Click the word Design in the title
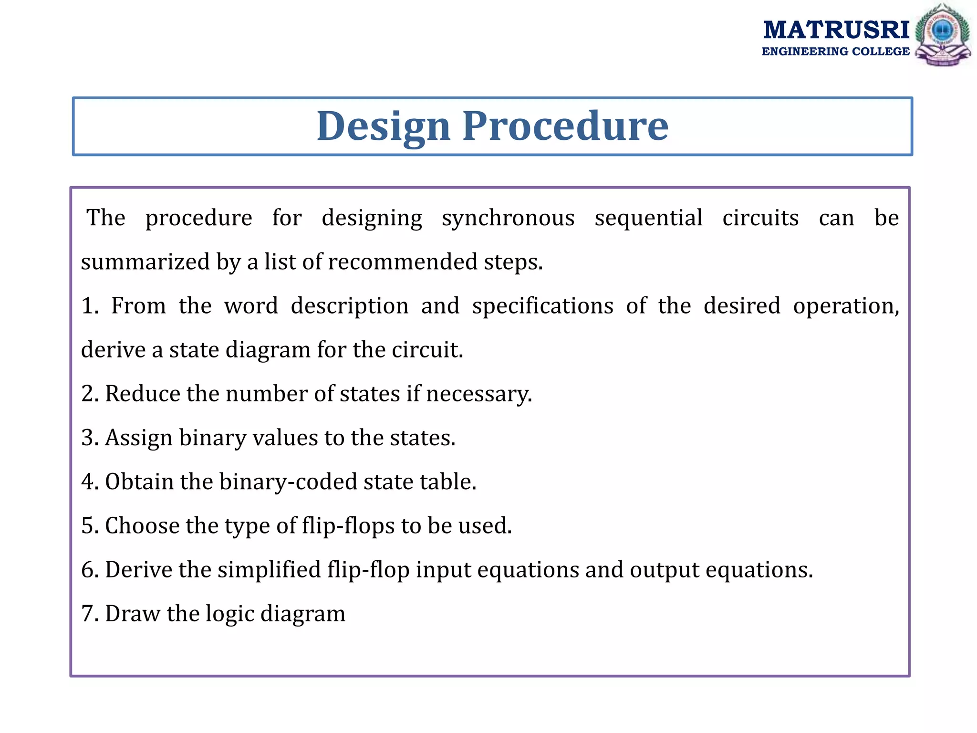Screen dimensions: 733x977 coord(384,126)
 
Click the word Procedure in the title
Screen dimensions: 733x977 coord(565,126)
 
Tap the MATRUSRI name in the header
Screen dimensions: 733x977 coord(836,30)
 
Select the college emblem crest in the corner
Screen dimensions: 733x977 coord(943,35)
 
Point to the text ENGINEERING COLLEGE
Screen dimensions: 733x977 coord(835,52)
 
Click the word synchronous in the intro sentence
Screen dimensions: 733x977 coord(508,218)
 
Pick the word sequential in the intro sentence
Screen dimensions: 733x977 coord(648,218)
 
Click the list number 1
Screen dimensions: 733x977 coord(89,306)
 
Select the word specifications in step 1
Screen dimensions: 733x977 coord(542,306)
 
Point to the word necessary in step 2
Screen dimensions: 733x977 coord(478,395)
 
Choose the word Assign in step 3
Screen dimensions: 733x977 coord(138,438)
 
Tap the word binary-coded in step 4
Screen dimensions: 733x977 coord(288,482)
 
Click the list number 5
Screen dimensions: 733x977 coord(88,526)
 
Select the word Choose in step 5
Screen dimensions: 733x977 coord(142,526)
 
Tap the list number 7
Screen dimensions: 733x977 coord(88,614)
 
